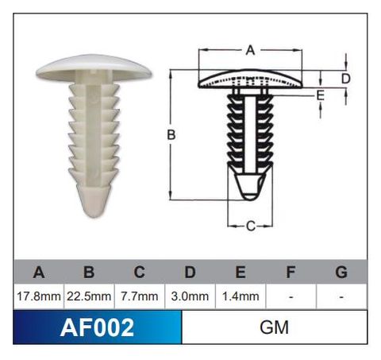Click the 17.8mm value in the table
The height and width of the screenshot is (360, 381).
39,296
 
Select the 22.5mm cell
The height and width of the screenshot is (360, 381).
89,296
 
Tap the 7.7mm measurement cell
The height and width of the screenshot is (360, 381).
139,296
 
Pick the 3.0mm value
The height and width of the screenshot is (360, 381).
190,296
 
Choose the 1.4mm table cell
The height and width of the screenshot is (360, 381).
240,296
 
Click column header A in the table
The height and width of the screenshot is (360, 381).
39,273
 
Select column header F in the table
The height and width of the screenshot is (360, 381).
291,273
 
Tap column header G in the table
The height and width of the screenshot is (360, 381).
341,273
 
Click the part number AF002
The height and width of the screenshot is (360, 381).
97,327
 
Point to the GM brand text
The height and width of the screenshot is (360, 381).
274,327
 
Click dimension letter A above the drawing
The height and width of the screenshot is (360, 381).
249,50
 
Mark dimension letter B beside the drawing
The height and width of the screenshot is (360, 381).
171,135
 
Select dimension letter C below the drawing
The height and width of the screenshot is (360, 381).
249,226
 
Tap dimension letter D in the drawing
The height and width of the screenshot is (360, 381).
346,78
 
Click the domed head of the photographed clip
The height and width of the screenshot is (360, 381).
94,67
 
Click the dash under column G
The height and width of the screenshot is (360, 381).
341,296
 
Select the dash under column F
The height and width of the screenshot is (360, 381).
291,296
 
